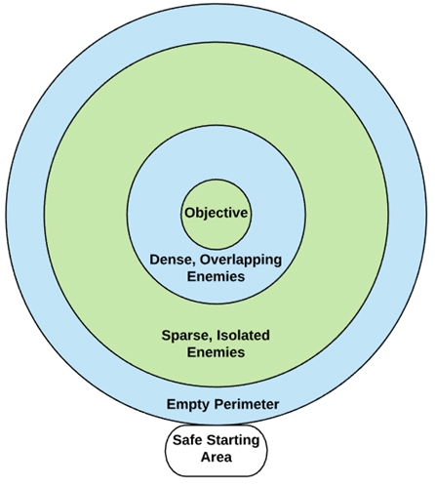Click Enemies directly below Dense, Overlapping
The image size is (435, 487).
(x=216, y=276)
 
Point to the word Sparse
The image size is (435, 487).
(x=185, y=335)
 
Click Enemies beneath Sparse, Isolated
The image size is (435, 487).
(x=216, y=351)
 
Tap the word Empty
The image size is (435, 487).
(x=188, y=403)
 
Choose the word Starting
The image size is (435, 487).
(x=237, y=440)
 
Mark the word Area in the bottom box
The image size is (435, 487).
(x=216, y=457)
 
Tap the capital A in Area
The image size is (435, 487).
(x=202, y=457)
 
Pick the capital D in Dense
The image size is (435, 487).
(x=154, y=260)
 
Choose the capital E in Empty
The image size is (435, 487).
(x=170, y=403)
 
